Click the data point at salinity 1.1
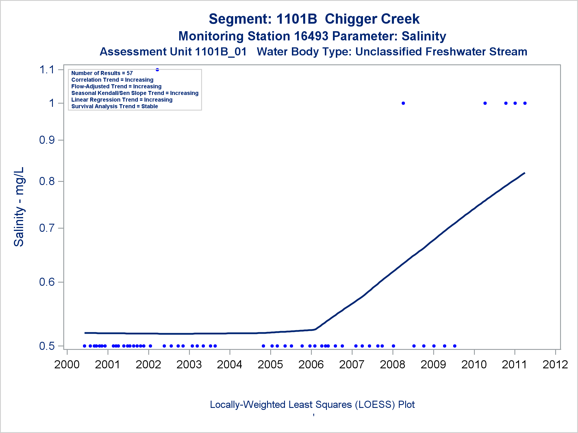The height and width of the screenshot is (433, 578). pyautogui.click(x=157, y=70)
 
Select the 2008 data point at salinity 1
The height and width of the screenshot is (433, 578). pyautogui.click(x=403, y=103)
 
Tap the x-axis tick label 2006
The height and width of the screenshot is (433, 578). pyautogui.click(x=311, y=365)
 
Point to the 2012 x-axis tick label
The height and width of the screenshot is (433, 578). pyautogui.click(x=555, y=365)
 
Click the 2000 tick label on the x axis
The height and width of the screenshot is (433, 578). pyautogui.click(x=67, y=365)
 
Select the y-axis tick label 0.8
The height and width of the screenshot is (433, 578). pyautogui.click(x=47, y=181)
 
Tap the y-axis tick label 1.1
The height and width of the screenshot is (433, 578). pyautogui.click(x=47, y=70)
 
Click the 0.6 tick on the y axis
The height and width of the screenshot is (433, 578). pyautogui.click(x=47, y=282)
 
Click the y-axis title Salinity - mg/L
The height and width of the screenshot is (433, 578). pyautogui.click(x=19, y=207)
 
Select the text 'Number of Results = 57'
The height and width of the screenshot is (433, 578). pyautogui.click(x=102, y=73)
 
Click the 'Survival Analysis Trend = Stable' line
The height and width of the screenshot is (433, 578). pyautogui.click(x=114, y=107)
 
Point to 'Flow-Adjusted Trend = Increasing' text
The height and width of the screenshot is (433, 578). pyautogui.click(x=116, y=87)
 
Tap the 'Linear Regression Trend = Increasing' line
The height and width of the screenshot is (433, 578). pyautogui.click(x=122, y=100)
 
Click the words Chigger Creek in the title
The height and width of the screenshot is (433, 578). pyautogui.click(x=372, y=19)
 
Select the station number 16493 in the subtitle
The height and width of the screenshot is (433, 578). pyautogui.click(x=311, y=36)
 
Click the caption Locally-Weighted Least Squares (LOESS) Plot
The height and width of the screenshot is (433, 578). pyautogui.click(x=312, y=405)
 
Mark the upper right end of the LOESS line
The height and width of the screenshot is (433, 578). pyautogui.click(x=525, y=173)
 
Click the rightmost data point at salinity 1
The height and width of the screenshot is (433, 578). pyautogui.click(x=525, y=103)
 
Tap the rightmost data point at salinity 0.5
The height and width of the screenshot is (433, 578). pyautogui.click(x=455, y=346)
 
